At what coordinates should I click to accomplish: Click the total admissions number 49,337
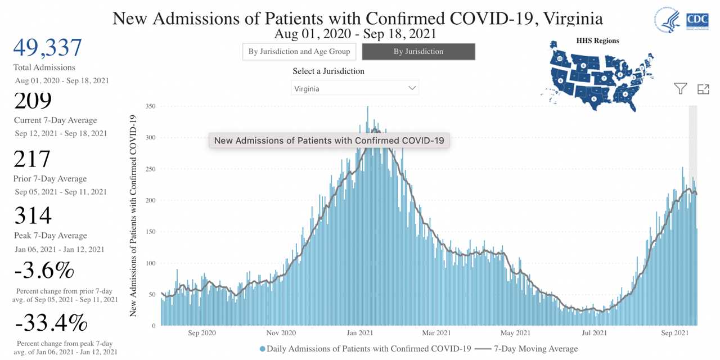tap(48, 49)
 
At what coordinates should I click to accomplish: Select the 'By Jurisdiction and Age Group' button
tap(299, 52)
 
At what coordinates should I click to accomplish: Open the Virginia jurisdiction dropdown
tap(355, 88)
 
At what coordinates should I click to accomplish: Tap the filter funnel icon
tap(681, 88)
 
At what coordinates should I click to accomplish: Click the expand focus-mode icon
tap(703, 88)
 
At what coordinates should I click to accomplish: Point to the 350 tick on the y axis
tap(150, 106)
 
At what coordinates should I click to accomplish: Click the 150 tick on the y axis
tap(150, 232)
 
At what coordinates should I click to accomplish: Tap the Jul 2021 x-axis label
tap(594, 333)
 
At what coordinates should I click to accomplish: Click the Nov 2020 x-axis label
tap(281, 333)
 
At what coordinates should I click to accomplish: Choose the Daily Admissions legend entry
tap(365, 349)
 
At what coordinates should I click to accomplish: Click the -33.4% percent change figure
tap(51, 323)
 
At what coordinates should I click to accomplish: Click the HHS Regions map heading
tap(597, 40)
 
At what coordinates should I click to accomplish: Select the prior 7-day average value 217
tap(33, 159)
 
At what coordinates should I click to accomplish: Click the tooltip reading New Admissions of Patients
tap(329, 141)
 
